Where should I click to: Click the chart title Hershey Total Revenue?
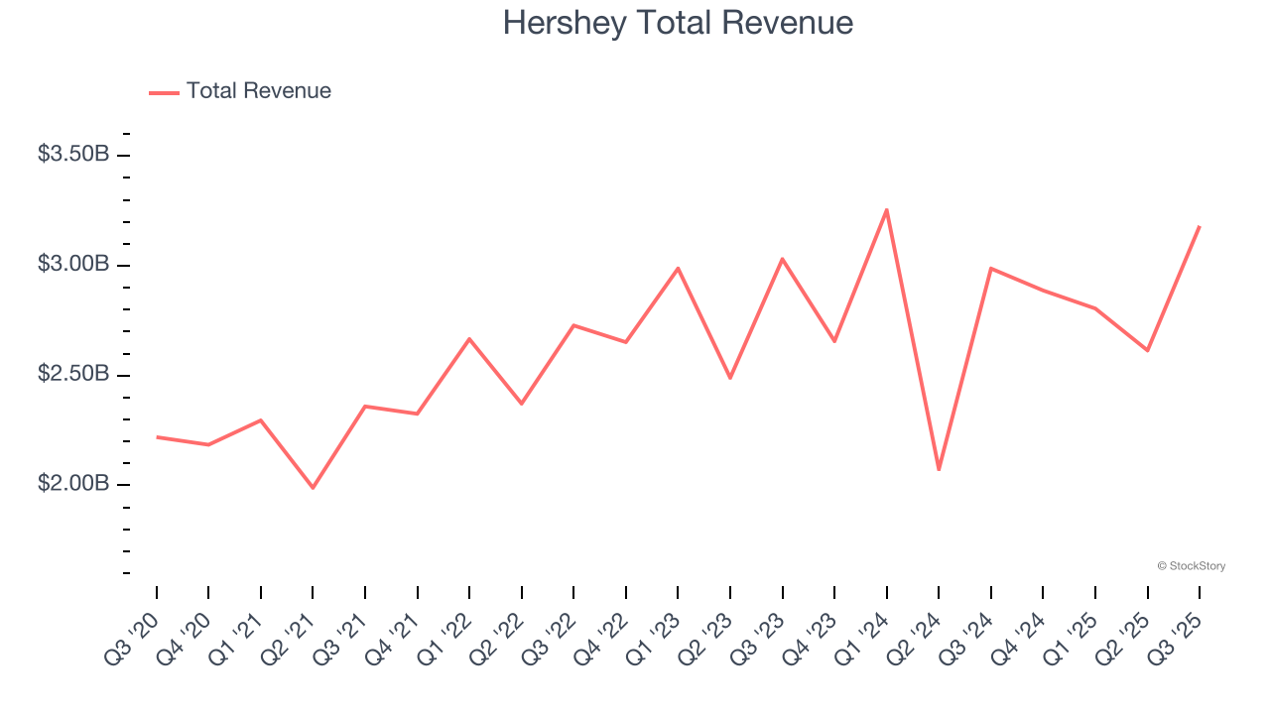click(x=678, y=23)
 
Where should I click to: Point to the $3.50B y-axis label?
click(x=73, y=155)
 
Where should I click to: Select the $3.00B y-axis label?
click(x=73, y=265)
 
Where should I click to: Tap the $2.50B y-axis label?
click(x=73, y=375)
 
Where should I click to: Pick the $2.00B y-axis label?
click(x=73, y=484)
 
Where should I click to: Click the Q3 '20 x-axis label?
click(x=133, y=637)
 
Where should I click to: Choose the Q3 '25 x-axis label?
click(x=1176, y=637)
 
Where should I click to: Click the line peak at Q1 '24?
click(x=886, y=209)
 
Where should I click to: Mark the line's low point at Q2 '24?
click(x=939, y=470)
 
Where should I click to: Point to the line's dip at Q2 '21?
click(x=313, y=488)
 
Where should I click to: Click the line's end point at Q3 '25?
click(x=1200, y=226)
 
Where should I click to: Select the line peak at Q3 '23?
click(x=783, y=259)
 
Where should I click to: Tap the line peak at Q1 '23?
click(x=678, y=268)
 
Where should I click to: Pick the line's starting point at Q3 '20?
click(x=157, y=436)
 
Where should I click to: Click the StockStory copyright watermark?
click(x=1191, y=566)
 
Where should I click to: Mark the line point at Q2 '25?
click(x=1147, y=350)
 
